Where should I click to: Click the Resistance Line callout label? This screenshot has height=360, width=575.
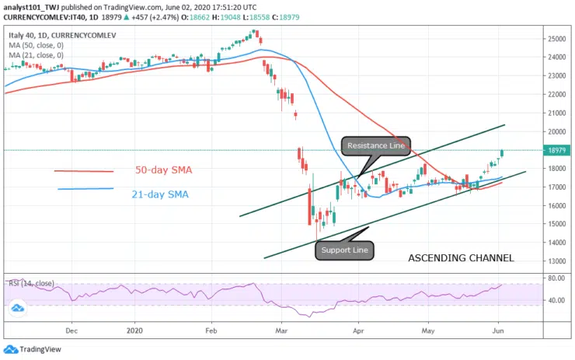pyautogui.click(x=375, y=146)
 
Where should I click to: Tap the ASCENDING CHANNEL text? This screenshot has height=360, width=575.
pyautogui.click(x=461, y=258)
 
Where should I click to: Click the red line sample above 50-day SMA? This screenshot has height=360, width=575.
pyautogui.click(x=84, y=171)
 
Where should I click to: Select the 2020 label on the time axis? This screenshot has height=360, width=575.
pyautogui.click(x=135, y=330)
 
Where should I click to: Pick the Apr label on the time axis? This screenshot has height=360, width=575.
pyautogui.click(x=358, y=330)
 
